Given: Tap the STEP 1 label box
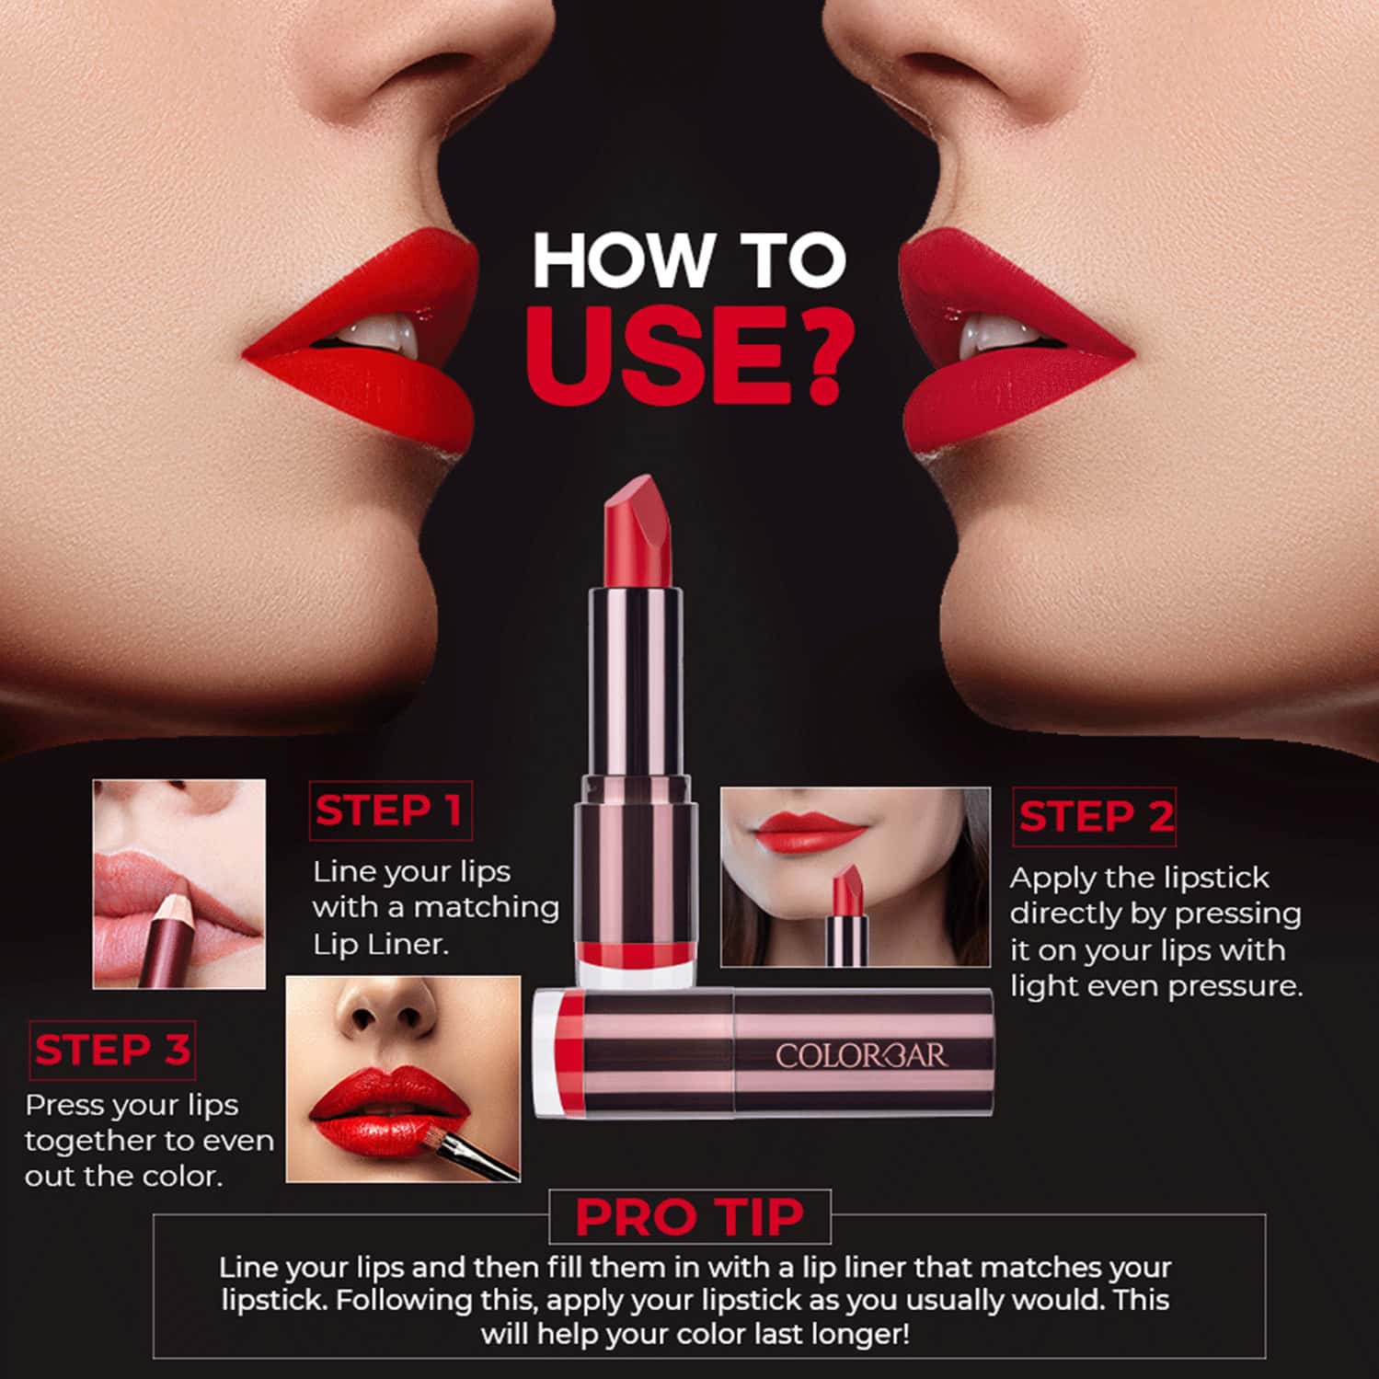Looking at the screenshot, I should [x=389, y=810].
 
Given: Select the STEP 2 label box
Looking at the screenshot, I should [x=1095, y=816].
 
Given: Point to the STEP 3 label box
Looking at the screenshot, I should [x=112, y=1050].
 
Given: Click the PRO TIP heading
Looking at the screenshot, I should [x=689, y=1217].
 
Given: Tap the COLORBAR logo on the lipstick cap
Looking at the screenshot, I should [x=860, y=1055].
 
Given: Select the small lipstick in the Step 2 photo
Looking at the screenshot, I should [x=847, y=915].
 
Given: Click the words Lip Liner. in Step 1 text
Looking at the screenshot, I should [x=380, y=944].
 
